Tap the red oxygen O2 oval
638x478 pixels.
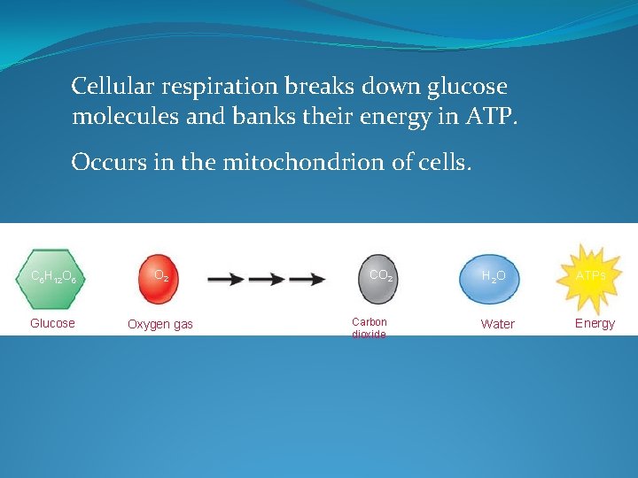pos(161,275)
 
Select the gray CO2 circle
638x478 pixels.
pos(380,275)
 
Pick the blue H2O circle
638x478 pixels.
pos(494,275)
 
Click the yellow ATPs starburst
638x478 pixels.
pos(591,275)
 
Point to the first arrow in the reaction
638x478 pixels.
pos(227,279)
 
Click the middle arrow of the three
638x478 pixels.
pos(267,279)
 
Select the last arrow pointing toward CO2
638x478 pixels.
pos(307,279)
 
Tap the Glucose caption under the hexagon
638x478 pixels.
pos(52,323)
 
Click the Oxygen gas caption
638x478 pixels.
pos(159,324)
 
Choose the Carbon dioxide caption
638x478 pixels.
pos(370,328)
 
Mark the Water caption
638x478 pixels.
pos(497,324)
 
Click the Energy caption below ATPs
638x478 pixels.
pos(595,323)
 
